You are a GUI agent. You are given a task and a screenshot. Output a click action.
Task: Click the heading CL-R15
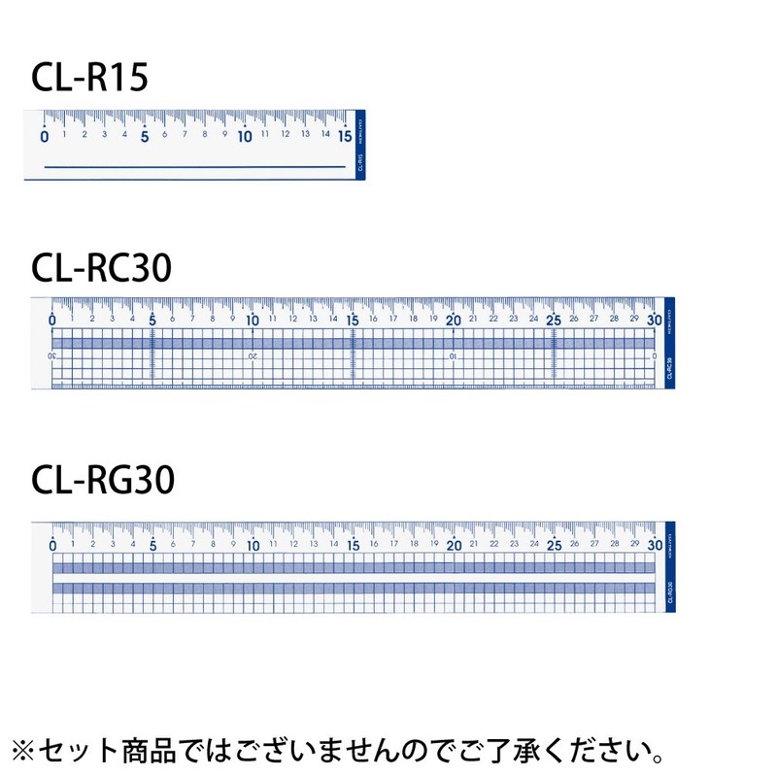[89, 77]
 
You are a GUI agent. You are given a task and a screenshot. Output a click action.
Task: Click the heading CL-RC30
[101, 267]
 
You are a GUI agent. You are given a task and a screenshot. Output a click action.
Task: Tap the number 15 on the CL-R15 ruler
[345, 137]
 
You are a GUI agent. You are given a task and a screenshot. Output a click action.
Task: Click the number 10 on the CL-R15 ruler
[245, 137]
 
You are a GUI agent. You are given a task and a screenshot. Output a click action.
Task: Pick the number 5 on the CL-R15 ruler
[145, 137]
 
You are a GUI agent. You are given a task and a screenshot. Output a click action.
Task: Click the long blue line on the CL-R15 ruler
[195, 167]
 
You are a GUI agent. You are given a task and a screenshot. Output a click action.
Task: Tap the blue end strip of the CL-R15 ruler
[359, 144]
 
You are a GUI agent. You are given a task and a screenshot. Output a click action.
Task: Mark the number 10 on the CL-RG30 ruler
[253, 546]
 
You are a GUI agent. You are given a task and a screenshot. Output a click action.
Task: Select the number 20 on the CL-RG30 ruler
[454, 546]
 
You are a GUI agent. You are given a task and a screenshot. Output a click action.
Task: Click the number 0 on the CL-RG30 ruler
[51, 546]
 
